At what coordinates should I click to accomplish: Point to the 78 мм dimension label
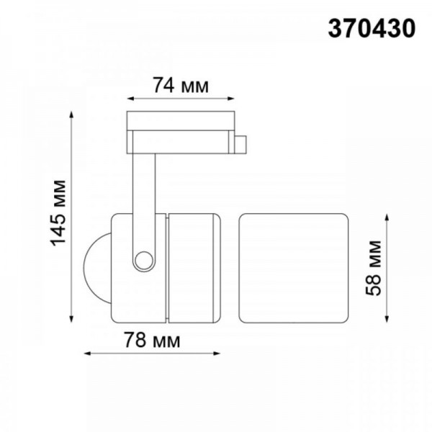(x=151, y=339)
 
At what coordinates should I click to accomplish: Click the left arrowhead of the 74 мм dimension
(x=130, y=100)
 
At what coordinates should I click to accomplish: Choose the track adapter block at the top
(x=180, y=130)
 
